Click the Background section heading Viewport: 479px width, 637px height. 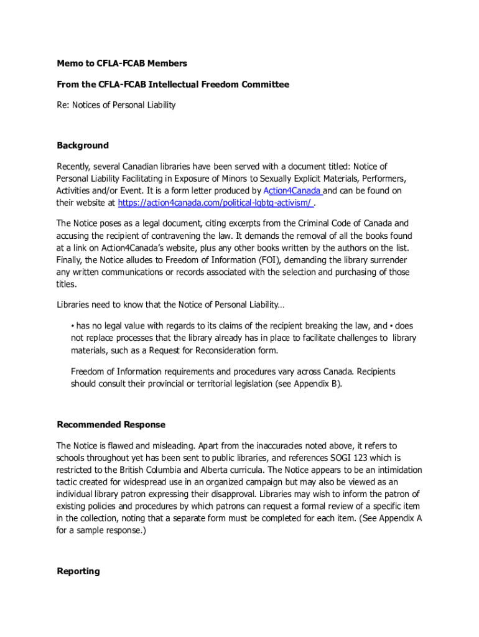tap(83, 146)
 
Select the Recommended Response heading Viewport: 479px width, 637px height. tap(111, 425)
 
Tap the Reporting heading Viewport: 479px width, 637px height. tap(78, 571)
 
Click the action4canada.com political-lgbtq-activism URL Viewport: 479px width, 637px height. tap(215, 202)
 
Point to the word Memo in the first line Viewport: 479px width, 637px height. tap(70, 63)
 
